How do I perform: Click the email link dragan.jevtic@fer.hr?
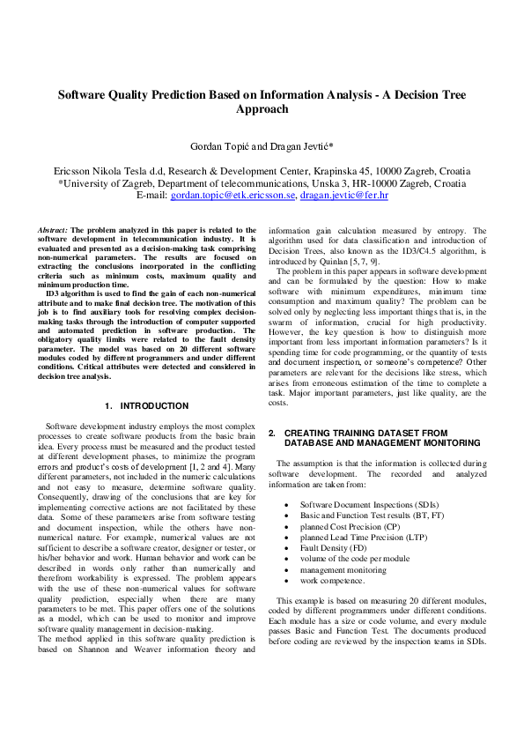[343, 195]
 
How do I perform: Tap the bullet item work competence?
[333, 581]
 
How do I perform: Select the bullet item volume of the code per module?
[354, 559]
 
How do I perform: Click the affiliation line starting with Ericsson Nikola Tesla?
[262, 170]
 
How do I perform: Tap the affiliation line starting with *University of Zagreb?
[262, 182]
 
